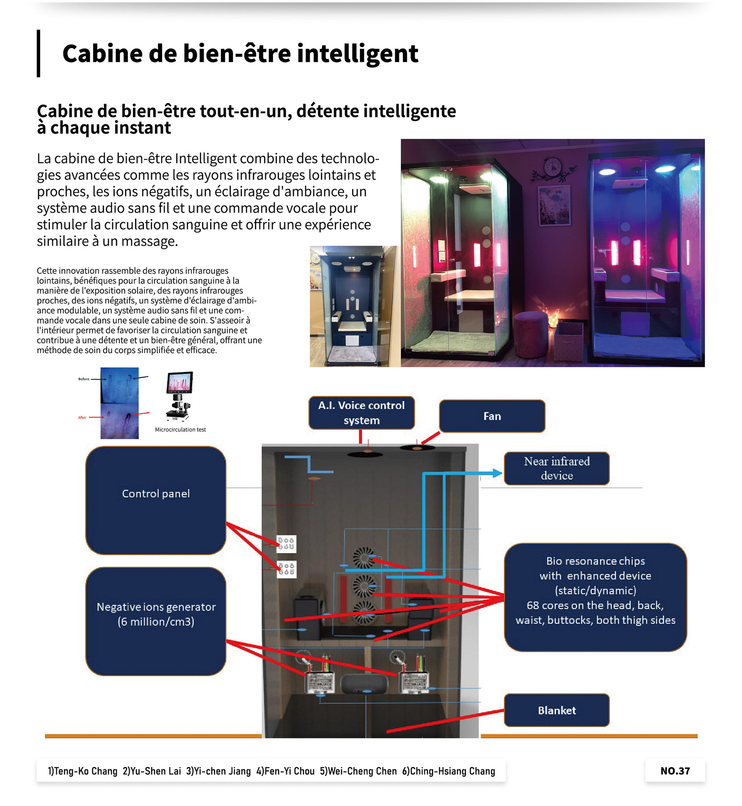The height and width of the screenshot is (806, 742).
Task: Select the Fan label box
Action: tap(492, 416)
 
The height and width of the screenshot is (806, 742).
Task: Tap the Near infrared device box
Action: tap(556, 468)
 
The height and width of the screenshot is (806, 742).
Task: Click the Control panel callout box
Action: tap(156, 500)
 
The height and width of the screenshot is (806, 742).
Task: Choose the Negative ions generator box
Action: tap(156, 621)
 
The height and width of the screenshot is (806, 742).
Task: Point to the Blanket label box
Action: tap(556, 710)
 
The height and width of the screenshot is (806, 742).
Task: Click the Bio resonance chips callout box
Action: tap(595, 597)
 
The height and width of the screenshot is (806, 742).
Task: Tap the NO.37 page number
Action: tap(675, 771)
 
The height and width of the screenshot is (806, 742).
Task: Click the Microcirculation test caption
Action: tap(180, 429)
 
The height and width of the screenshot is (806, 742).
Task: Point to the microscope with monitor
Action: tap(179, 396)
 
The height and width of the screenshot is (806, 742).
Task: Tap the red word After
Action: tap(82, 417)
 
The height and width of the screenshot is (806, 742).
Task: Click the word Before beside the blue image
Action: tap(83, 379)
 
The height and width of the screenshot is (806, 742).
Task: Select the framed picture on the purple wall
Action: tap(554, 205)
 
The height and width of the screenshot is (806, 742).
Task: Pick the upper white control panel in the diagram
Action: tap(286, 544)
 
